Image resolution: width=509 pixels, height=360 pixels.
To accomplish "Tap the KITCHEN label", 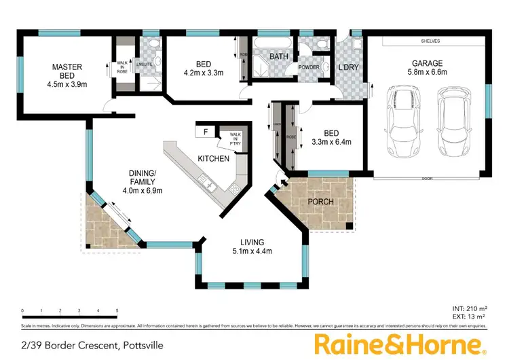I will click(210, 158).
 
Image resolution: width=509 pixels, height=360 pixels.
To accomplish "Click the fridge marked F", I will click(205, 132).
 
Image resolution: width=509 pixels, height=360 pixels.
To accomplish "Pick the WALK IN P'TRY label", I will click(235, 139).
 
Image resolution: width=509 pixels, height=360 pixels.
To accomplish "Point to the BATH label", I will click(279, 56).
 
